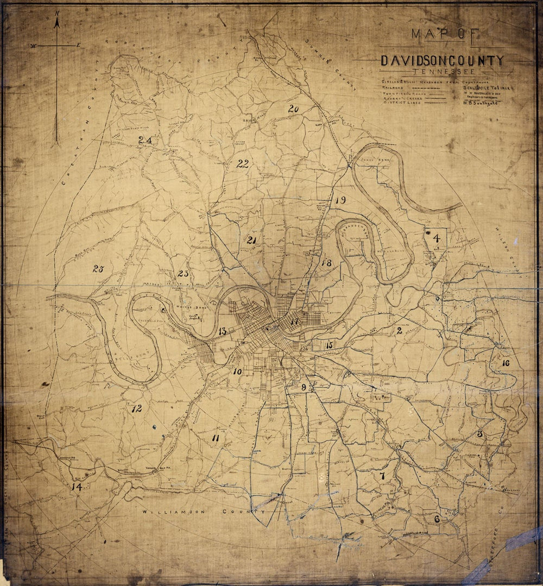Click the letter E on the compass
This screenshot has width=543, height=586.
pyautogui.click(x=78, y=45)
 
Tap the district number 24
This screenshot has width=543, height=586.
pyautogui.click(x=145, y=140)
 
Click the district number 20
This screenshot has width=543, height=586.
pyautogui.click(x=293, y=109)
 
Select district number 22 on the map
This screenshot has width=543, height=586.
pyautogui.click(x=242, y=164)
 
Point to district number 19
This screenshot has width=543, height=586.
pyautogui.click(x=340, y=200)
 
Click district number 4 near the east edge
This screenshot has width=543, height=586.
pyautogui.click(x=436, y=237)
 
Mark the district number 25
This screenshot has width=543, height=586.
pyautogui.click(x=98, y=268)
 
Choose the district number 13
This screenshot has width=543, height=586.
pyautogui.click(x=223, y=331)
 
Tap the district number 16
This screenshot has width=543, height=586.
pyautogui.click(x=506, y=363)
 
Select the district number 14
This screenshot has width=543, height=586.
pyautogui.click(x=76, y=487)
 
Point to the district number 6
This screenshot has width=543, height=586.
pyautogui.click(x=437, y=519)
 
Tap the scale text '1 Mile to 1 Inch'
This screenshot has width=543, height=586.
pyautogui.click(x=485, y=87)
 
